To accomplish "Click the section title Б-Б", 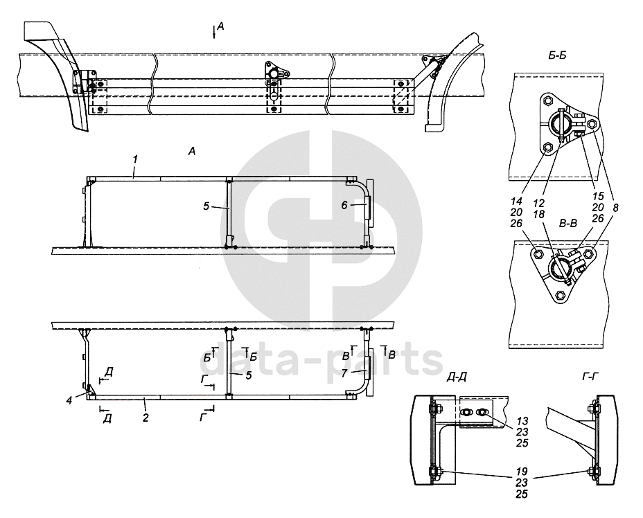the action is pyautogui.click(x=557, y=55).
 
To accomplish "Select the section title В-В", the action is pyautogui.click(x=568, y=223).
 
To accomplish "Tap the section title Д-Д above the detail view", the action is pyautogui.click(x=456, y=377).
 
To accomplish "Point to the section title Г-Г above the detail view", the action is pyautogui.click(x=591, y=377).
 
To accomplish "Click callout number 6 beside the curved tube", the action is pyautogui.click(x=344, y=205).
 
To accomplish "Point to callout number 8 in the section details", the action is pyautogui.click(x=615, y=208).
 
